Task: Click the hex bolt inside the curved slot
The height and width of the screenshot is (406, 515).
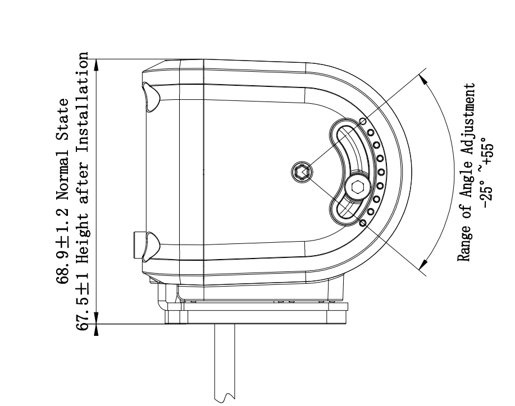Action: [358, 187]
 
